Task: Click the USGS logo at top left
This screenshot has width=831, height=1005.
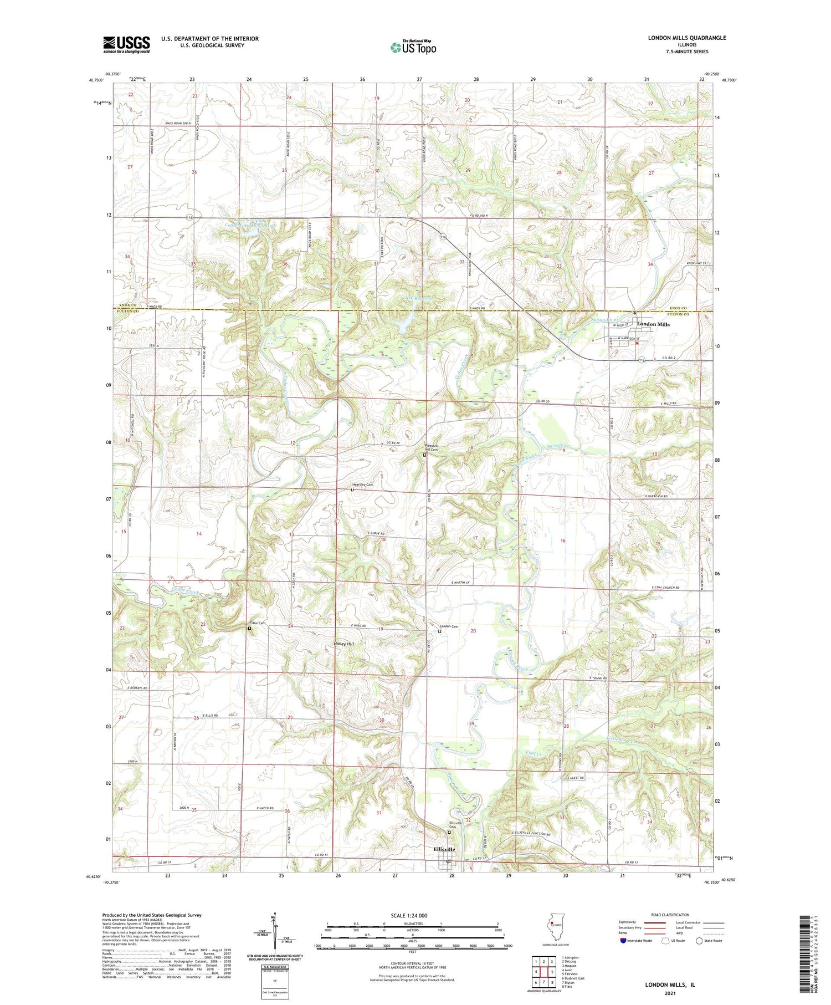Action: tap(126, 44)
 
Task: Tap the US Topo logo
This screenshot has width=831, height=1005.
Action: tap(413, 48)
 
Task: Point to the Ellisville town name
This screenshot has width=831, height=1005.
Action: tap(444, 849)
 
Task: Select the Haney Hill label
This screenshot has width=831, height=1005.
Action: tap(343, 644)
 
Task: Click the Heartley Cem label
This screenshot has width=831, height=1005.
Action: tap(362, 485)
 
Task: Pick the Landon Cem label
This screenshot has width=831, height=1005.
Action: tap(449, 626)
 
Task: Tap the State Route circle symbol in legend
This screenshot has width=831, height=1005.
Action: tap(699, 941)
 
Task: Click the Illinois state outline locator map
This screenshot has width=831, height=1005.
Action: tap(554, 929)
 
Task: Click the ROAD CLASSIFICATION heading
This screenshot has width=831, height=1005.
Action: tap(670, 915)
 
